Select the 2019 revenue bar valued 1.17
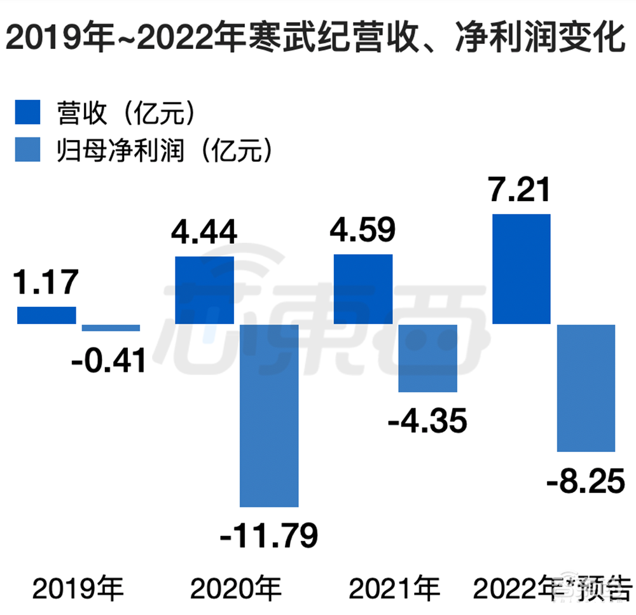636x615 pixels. (x=46, y=315)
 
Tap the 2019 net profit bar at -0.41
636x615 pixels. (x=111, y=328)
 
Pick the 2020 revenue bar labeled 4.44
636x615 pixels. (x=205, y=290)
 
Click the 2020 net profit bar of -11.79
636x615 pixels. (x=269, y=415)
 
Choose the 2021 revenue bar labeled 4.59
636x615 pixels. (x=363, y=289)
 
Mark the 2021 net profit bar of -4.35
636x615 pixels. (x=427, y=358)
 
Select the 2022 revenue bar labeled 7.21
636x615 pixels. (x=522, y=269)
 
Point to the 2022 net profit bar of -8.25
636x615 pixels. (x=586, y=388)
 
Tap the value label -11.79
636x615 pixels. (x=268, y=535)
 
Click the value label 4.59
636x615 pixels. (x=363, y=230)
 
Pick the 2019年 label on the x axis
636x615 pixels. (x=79, y=590)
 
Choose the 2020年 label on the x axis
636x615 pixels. (x=237, y=590)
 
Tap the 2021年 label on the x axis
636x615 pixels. (x=395, y=590)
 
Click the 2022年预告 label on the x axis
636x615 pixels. (x=552, y=590)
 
